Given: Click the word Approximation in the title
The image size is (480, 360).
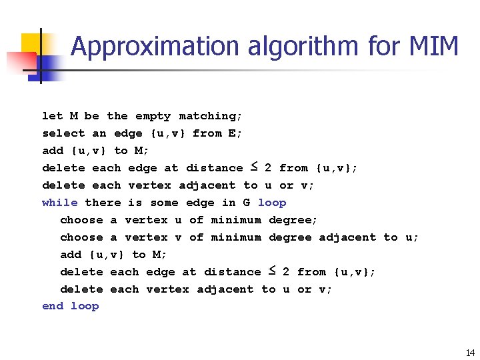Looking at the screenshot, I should pos(155,47).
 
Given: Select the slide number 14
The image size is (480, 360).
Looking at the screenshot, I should pos(470,353).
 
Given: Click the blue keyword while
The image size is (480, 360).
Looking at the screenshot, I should pos(60,203).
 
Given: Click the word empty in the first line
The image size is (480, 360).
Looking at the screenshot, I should pos(153,116).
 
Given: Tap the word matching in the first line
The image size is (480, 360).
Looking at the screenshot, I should pos(210,116).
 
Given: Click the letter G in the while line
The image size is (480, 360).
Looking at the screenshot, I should pos(246,203).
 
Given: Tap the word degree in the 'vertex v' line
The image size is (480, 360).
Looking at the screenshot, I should pos(290,237).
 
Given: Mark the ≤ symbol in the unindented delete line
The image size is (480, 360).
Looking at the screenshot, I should pos(254,167).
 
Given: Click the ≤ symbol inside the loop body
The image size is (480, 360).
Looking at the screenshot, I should pos(272,271).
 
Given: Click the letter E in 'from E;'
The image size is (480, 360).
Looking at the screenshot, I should pos(232,133).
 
